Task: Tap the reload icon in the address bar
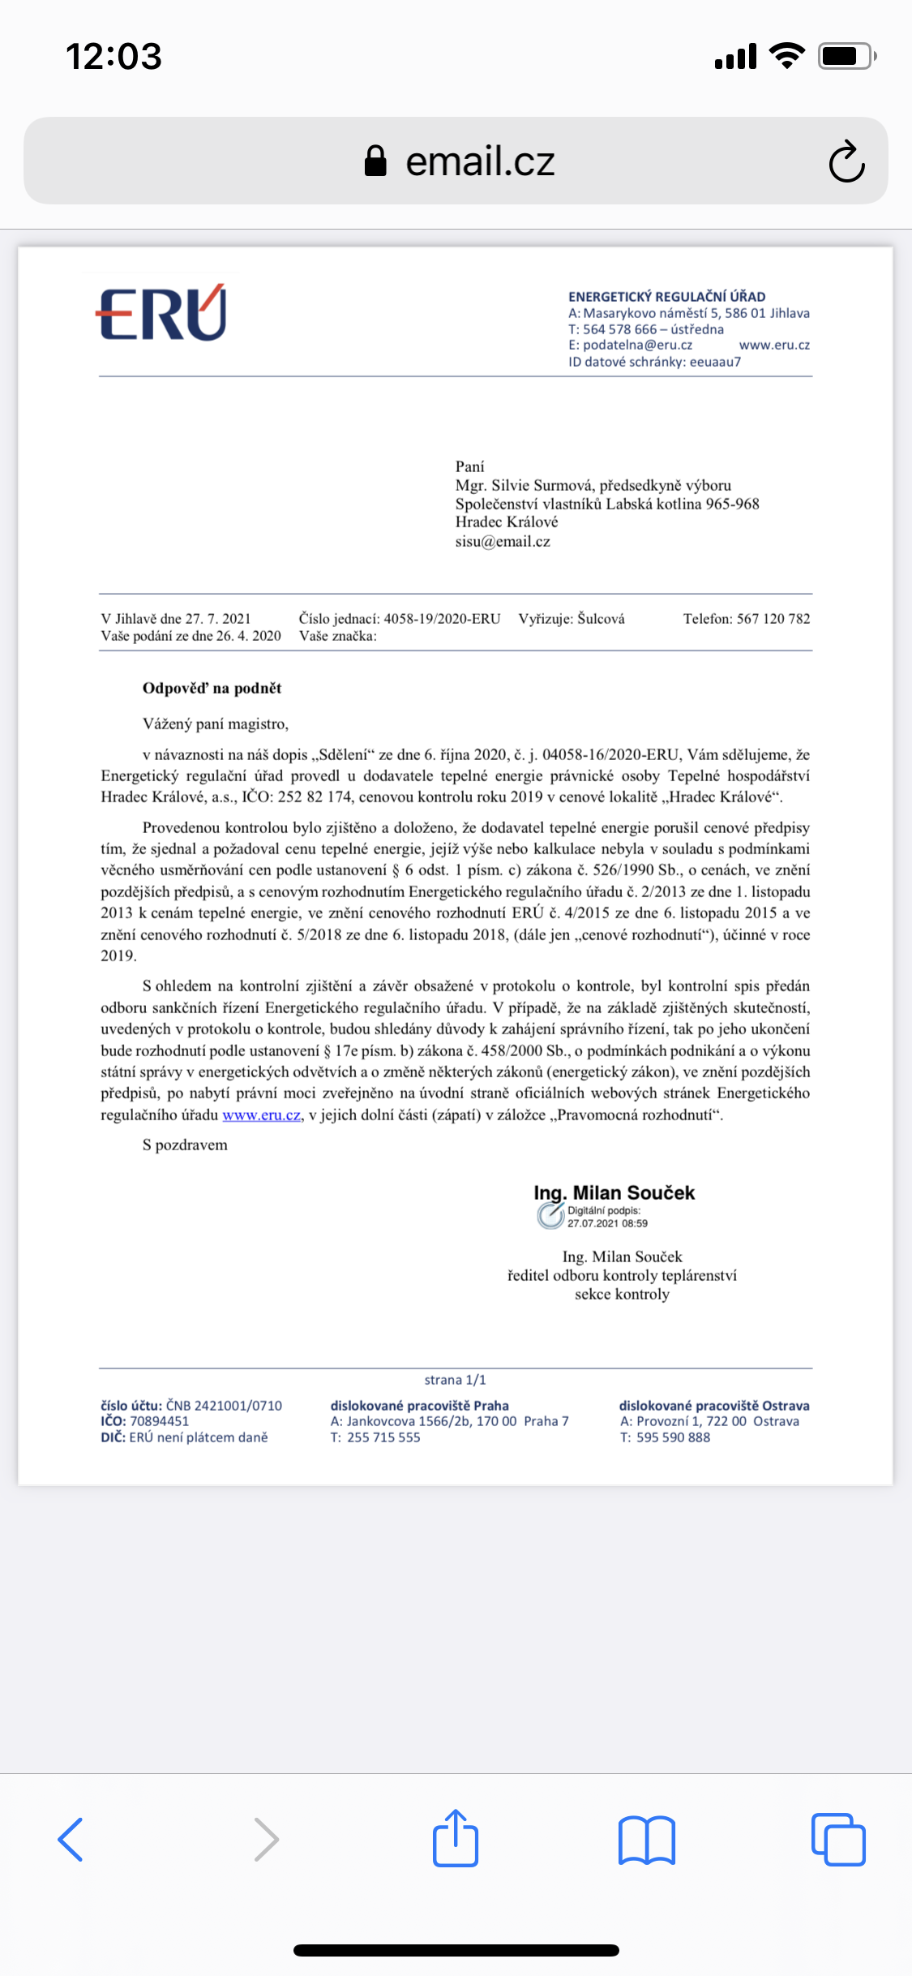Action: pyautogui.click(x=846, y=161)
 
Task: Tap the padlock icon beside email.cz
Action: pyautogui.click(x=375, y=161)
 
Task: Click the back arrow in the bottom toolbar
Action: pyautogui.click(x=71, y=1839)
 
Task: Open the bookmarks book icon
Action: pyautogui.click(x=646, y=1839)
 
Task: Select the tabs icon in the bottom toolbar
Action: pyautogui.click(x=838, y=1839)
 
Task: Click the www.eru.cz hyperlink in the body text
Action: pyautogui.click(x=262, y=1115)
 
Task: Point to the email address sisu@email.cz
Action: pyautogui.click(x=503, y=542)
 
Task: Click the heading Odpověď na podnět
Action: pyautogui.click(x=212, y=689)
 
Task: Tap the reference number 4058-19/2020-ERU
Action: pyautogui.click(x=442, y=619)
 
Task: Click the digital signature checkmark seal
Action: pyautogui.click(x=550, y=1215)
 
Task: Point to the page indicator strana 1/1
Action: pyautogui.click(x=455, y=1380)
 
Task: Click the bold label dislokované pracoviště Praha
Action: pyautogui.click(x=419, y=1406)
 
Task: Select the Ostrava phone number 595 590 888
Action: pyautogui.click(x=673, y=1437)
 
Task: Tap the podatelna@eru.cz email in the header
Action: pyautogui.click(x=637, y=345)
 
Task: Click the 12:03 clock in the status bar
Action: pyautogui.click(x=113, y=56)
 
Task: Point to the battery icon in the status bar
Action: pyautogui.click(x=846, y=56)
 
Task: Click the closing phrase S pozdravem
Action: pyautogui.click(x=185, y=1145)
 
